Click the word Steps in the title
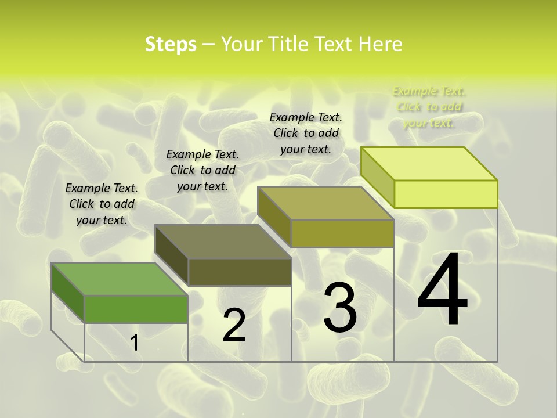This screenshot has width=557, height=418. point(171,44)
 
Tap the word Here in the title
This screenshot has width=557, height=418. point(380,44)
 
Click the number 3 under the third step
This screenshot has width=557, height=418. point(340,308)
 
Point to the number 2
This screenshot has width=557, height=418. point(234,325)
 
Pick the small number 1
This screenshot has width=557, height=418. point(135,343)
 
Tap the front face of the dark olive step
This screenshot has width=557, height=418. point(240,272)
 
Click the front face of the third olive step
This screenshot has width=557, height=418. point(342,233)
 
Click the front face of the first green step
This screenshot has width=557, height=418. point(136,309)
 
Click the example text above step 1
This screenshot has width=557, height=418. point(102,204)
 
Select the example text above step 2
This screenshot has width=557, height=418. point(202,170)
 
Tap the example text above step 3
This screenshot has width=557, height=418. point(306,133)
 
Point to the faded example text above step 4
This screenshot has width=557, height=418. point(429,107)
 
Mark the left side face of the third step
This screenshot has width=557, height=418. point(274,217)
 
